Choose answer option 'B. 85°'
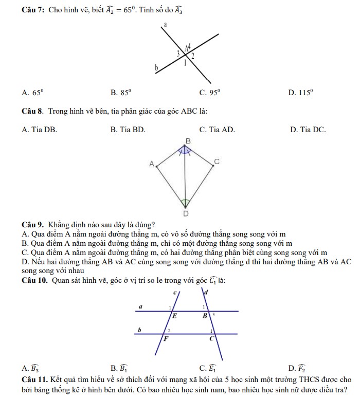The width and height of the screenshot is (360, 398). (x=121, y=93)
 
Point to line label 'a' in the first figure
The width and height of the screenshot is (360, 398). (x=166, y=24)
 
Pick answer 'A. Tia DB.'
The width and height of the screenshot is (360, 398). (x=40, y=130)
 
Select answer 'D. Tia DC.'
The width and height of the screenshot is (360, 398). (x=308, y=130)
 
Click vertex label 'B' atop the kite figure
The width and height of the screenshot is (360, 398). (x=188, y=140)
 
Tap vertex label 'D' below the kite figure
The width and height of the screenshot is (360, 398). (x=186, y=213)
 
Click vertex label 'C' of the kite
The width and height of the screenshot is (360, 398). (x=217, y=161)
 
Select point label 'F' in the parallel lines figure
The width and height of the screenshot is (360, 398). (x=166, y=339)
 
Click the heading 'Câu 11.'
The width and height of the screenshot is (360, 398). (x=35, y=379)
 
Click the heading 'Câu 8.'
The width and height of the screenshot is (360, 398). (x=32, y=111)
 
